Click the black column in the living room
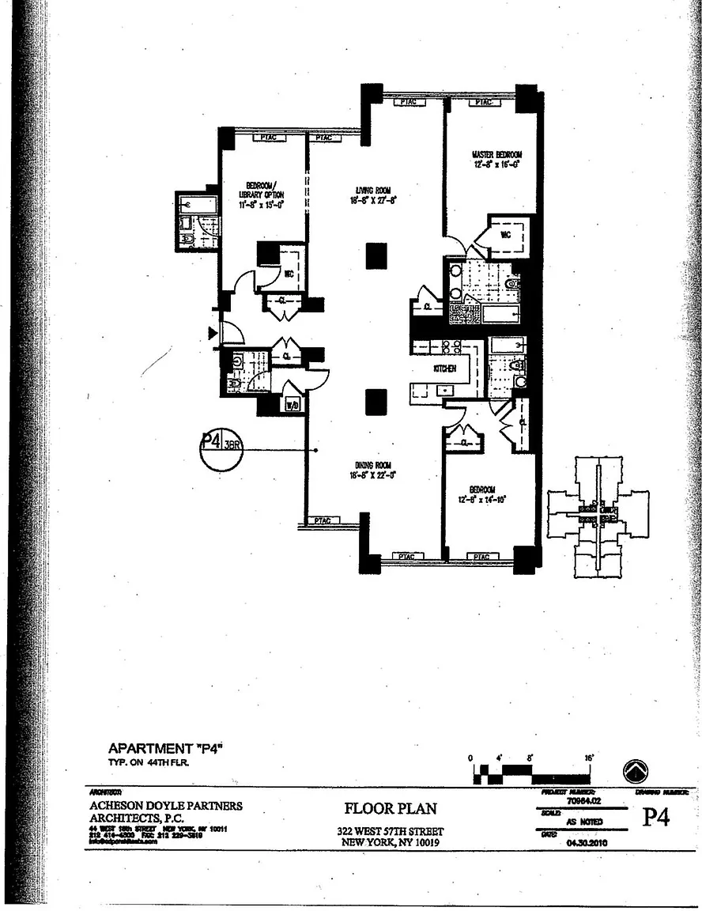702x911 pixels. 376,255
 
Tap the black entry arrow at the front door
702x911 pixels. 213,333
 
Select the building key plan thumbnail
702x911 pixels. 598,517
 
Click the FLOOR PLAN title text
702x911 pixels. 390,809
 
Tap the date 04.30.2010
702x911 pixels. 585,843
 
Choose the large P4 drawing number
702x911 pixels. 655,818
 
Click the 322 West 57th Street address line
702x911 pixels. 390,831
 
